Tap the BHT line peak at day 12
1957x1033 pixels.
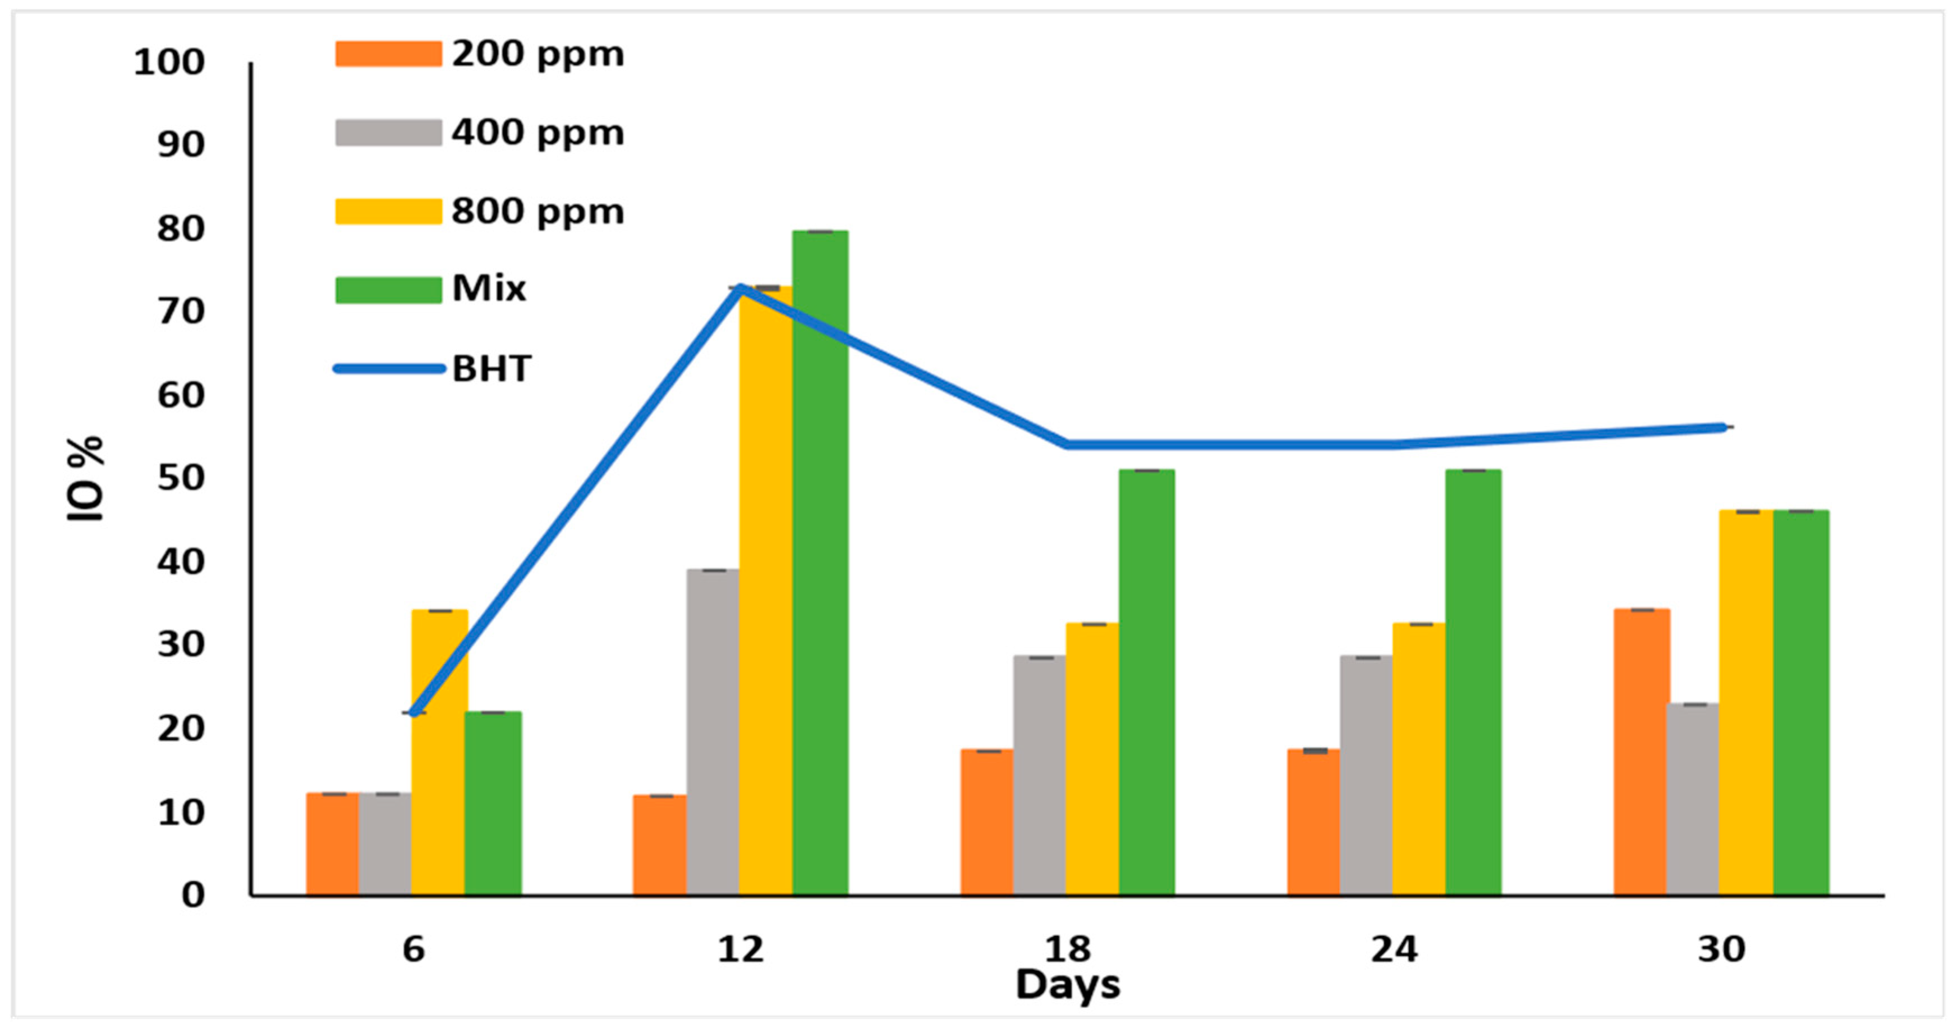click(739, 288)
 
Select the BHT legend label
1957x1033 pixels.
click(491, 369)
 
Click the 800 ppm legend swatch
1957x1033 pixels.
click(388, 211)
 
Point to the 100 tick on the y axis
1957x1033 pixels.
click(169, 62)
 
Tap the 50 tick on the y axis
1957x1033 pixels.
click(181, 478)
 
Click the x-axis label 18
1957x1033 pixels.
click(1067, 949)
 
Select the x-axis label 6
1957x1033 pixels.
click(414, 949)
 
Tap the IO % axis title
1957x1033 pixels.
click(85, 479)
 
